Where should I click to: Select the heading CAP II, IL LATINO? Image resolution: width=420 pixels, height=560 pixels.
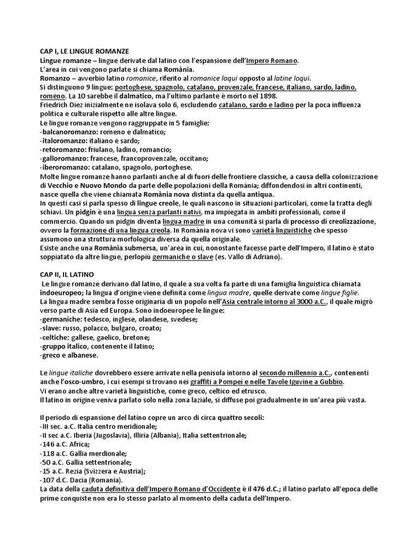[70, 274]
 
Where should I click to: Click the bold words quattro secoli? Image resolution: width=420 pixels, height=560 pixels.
[242, 417]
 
